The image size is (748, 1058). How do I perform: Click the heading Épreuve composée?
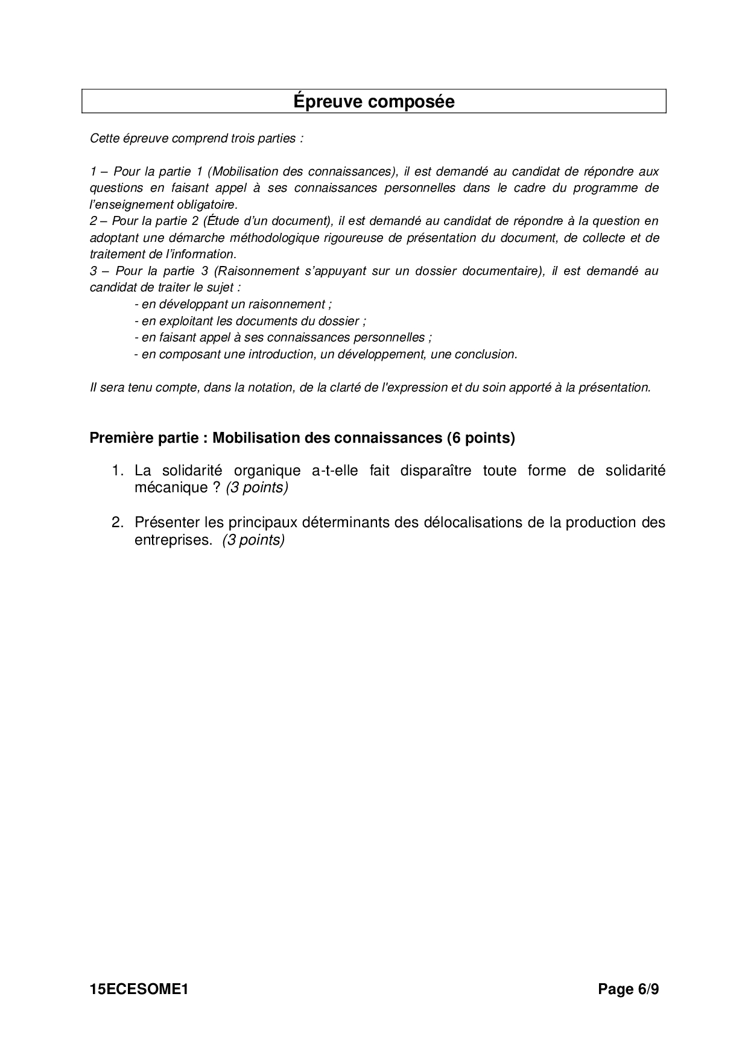coord(374,101)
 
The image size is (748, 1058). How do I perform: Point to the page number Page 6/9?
coord(628,989)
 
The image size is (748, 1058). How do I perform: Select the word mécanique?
coord(171,488)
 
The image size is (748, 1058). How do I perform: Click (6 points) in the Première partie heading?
coord(481,438)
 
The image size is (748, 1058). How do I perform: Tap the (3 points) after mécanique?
coord(257,488)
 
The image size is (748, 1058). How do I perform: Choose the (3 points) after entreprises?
coord(253,540)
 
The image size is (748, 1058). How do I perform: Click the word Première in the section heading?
coord(118,438)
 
